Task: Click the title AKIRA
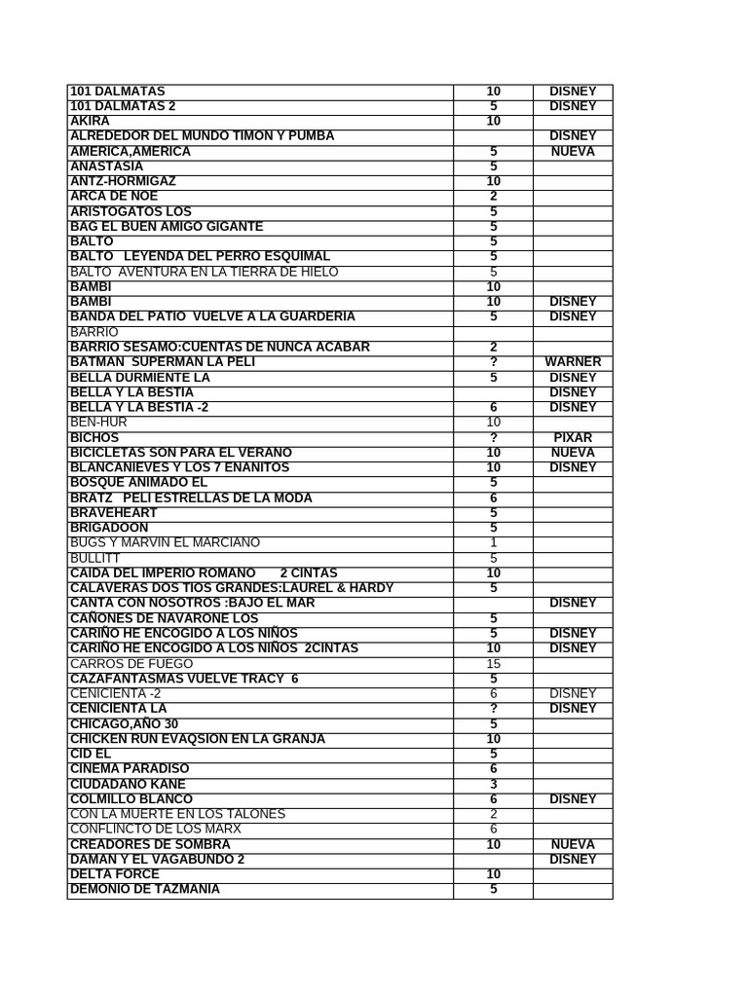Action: pos(90,121)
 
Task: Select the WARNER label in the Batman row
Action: pos(573,362)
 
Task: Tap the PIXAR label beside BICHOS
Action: pos(573,437)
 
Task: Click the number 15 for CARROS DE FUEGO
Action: pos(493,664)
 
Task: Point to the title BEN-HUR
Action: pos(98,423)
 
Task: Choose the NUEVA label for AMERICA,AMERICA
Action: pos(573,151)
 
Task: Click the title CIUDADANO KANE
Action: pos(128,784)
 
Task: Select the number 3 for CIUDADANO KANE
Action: pos(493,784)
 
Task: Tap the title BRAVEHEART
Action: pos(114,513)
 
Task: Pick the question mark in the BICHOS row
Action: pos(493,437)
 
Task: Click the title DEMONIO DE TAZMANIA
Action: pos(145,889)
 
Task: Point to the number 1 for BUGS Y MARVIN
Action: pos(493,543)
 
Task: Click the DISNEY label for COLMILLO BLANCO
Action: pos(573,799)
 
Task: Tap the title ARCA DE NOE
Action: pos(114,196)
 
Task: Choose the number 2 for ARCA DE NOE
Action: pos(493,196)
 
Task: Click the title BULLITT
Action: pos(93,558)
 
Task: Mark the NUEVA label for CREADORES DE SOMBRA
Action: pos(573,844)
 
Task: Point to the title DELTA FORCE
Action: pos(115,874)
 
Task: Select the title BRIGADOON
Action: pos(109,528)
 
